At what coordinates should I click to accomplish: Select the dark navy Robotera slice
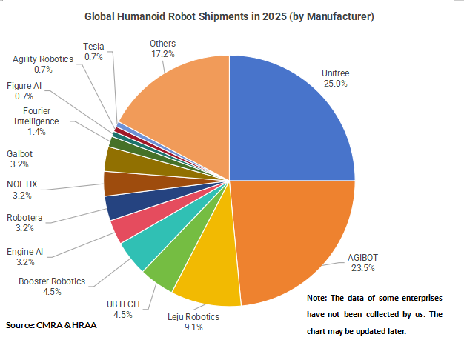tap(117, 207)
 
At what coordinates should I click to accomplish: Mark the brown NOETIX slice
tap(116, 183)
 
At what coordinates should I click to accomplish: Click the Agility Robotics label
tap(43, 59)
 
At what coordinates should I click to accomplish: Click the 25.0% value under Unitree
tap(335, 84)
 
